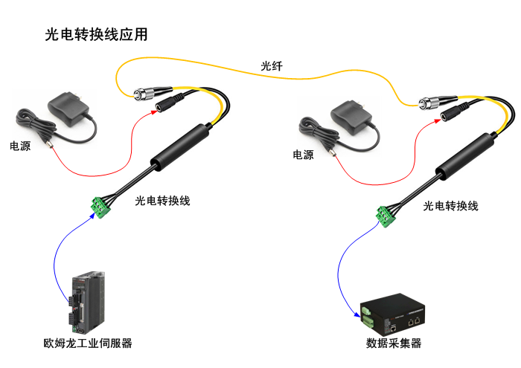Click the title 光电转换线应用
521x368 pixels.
tap(96, 34)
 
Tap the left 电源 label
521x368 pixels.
tap(20, 146)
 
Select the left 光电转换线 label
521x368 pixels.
tap(163, 201)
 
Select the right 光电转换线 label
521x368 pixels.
tap(450, 205)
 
